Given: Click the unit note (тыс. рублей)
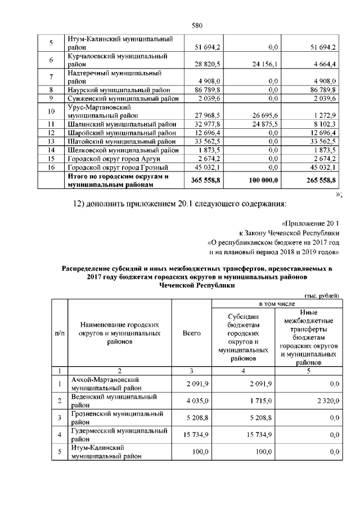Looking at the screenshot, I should [321, 295].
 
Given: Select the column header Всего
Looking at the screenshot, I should [192, 334].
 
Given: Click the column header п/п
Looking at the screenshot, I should [59, 334].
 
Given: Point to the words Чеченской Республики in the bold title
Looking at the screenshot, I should [197, 285].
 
